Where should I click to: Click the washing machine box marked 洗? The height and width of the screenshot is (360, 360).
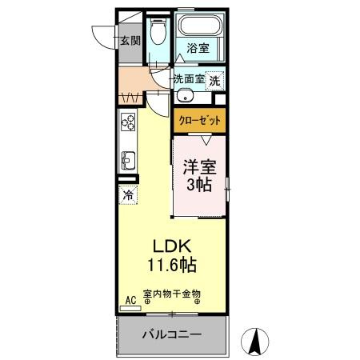[214, 80]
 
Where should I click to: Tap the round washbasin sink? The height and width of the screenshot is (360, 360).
[185, 97]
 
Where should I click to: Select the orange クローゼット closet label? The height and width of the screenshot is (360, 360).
[198, 120]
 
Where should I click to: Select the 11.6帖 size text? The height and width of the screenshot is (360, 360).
[172, 263]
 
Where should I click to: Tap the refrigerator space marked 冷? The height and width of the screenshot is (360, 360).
[127, 194]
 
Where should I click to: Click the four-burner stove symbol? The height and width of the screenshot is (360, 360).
[128, 122]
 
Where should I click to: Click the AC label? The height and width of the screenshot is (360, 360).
[128, 302]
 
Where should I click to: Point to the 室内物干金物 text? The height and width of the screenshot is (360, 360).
[172, 294]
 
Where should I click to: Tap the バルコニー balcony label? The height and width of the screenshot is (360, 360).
[172, 333]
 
